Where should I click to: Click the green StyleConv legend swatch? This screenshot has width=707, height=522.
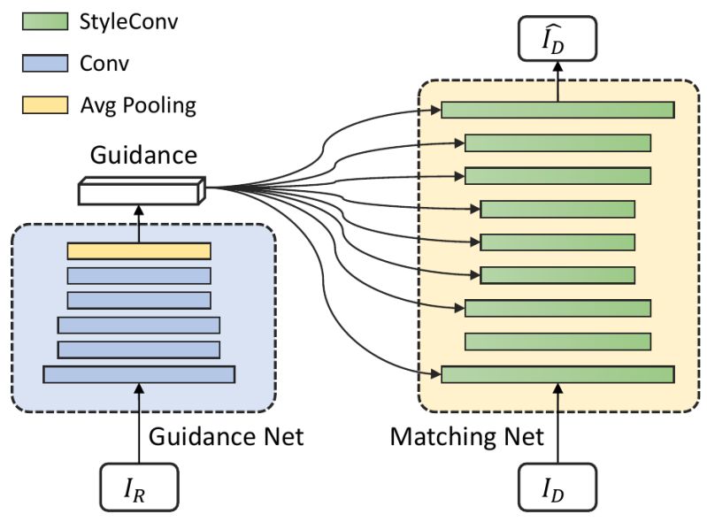point(44,21)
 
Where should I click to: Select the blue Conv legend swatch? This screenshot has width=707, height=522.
point(44,64)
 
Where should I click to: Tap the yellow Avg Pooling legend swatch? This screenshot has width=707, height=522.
point(44,106)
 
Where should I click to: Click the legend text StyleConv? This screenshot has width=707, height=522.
point(129,21)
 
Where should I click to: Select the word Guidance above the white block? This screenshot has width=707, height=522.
point(143,157)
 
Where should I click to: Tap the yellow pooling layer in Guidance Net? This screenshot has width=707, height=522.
point(139,251)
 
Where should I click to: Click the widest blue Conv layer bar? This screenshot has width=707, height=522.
point(139,374)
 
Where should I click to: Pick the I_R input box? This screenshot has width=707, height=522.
point(139,487)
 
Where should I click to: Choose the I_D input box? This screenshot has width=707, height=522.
point(557,487)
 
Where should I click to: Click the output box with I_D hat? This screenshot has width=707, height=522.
point(557,40)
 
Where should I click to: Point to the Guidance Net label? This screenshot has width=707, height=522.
point(226,436)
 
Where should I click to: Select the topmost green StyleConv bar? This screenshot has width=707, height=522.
point(557,110)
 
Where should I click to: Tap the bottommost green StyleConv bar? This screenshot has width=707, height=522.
point(557,374)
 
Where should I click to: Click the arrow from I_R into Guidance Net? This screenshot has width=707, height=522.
point(139,425)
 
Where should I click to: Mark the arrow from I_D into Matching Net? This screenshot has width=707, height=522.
point(557,425)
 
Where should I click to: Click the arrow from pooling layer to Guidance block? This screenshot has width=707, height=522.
point(139,223)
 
